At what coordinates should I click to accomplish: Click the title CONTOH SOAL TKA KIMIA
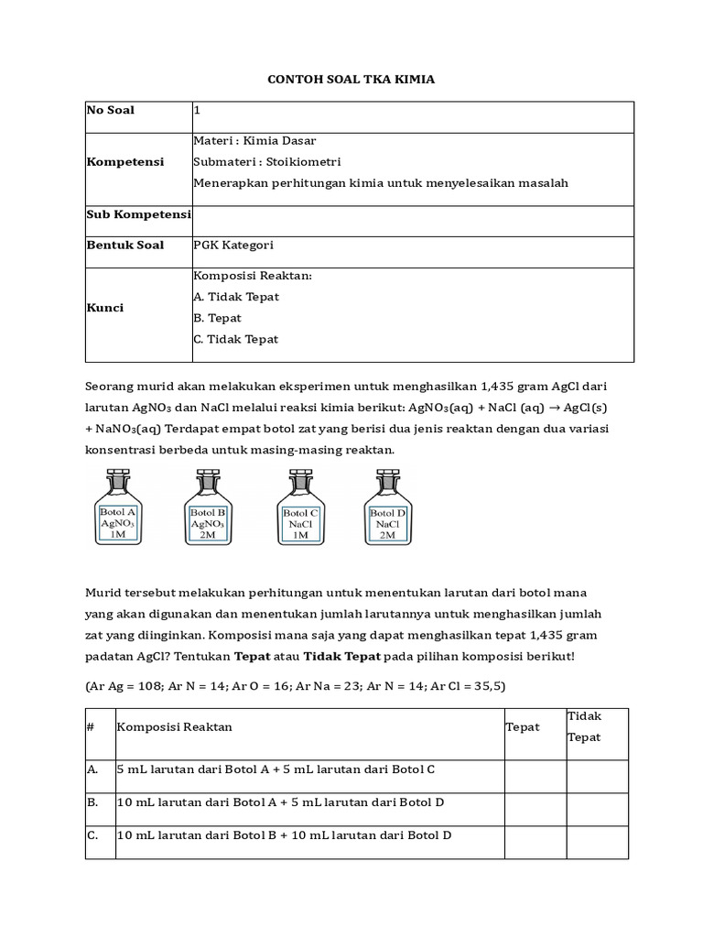tap(351, 80)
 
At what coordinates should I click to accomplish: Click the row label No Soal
tap(110, 110)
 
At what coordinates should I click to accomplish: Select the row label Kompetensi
tap(125, 162)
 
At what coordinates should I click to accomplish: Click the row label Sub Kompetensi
tap(138, 214)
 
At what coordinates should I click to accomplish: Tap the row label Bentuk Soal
tap(125, 245)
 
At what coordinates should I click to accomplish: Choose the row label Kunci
tap(104, 308)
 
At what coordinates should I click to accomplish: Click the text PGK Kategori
tap(233, 245)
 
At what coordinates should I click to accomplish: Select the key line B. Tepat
tap(217, 318)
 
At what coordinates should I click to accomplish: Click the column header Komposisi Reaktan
tap(174, 726)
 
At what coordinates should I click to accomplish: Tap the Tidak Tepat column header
tap(584, 726)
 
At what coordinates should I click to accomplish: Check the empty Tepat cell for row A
tap(535, 776)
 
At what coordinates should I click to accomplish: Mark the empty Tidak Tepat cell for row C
tap(597, 842)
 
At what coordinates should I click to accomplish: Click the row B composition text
tap(280, 802)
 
